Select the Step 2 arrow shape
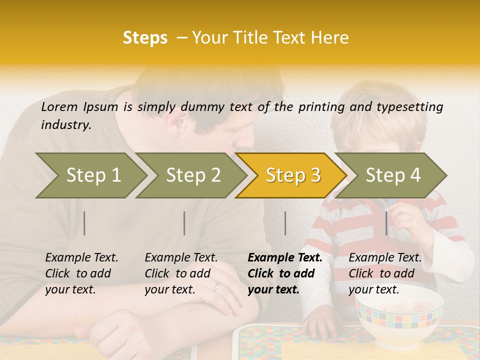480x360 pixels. coord(192,175)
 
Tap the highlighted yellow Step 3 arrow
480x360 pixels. coord(292,175)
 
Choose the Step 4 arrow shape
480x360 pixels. coord(392,175)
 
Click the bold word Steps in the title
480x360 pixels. coord(145,38)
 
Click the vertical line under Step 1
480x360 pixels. coord(84,223)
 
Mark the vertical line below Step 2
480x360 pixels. coord(184,223)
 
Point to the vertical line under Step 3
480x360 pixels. coord(285,223)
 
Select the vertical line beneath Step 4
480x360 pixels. coord(386,223)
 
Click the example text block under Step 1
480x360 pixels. coord(81,273)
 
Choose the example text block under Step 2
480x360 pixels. coord(181,273)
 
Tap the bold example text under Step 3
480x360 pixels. coord(284,273)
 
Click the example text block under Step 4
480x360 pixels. coord(385,273)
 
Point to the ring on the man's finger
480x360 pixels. coord(216,286)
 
